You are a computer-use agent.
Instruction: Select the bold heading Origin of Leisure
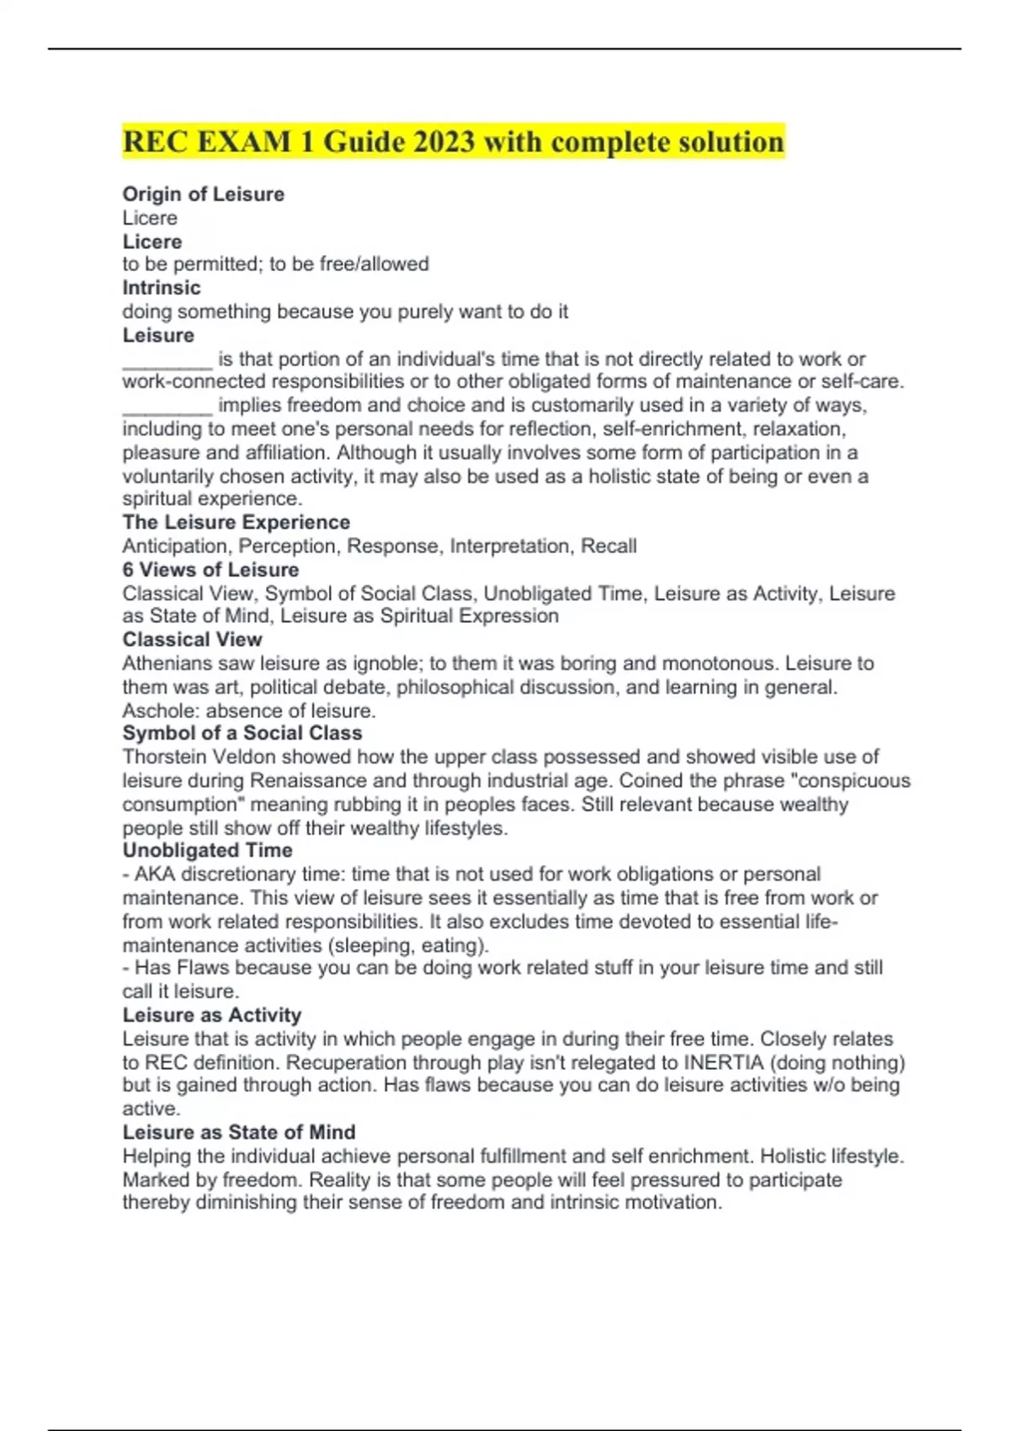203,194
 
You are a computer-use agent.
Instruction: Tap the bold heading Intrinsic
162,288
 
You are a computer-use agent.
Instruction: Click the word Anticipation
174,546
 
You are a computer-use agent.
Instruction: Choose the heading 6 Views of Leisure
210,570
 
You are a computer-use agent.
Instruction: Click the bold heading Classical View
192,640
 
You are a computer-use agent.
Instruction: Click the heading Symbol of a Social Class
242,733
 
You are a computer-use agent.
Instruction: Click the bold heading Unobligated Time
207,850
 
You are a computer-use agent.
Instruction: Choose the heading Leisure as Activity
211,1015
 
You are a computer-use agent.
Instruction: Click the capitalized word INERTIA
722,1062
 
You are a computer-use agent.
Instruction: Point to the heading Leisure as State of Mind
238,1132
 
